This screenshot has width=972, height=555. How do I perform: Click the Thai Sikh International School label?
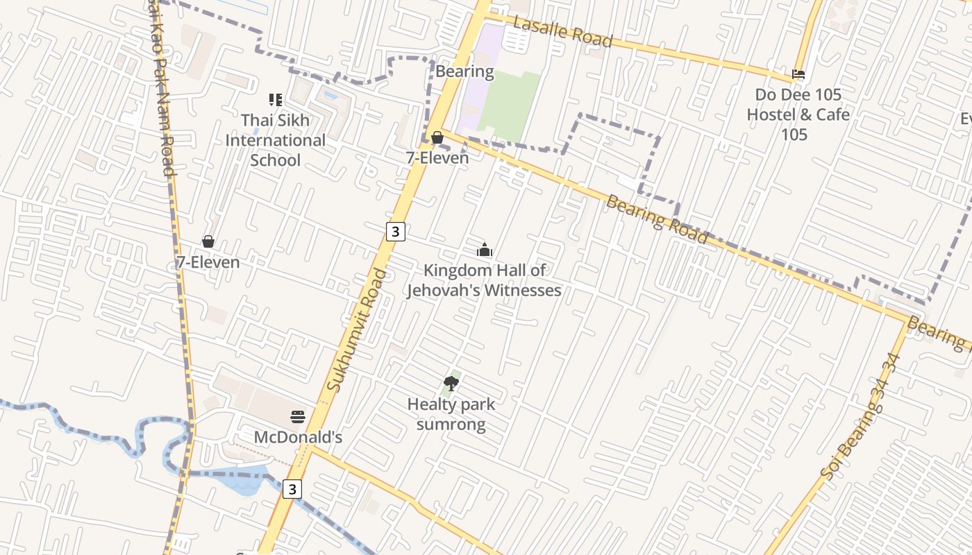click(x=275, y=140)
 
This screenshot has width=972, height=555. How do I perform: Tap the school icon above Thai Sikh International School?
click(x=276, y=100)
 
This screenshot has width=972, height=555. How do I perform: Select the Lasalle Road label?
click(x=562, y=32)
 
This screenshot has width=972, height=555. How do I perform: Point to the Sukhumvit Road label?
click(x=358, y=330)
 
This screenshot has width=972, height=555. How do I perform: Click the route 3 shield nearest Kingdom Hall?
click(x=395, y=231)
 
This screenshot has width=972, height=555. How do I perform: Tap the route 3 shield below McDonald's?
click(x=292, y=489)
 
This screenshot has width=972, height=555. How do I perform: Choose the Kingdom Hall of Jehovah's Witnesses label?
click(x=484, y=280)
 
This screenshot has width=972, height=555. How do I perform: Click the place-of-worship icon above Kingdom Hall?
click(x=485, y=250)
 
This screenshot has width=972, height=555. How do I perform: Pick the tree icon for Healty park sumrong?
click(x=451, y=384)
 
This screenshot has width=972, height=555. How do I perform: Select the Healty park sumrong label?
click(x=451, y=414)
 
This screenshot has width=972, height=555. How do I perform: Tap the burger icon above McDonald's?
click(x=298, y=417)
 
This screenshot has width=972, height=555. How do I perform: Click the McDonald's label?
click(x=298, y=438)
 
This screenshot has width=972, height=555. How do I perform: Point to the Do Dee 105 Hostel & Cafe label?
click(x=798, y=114)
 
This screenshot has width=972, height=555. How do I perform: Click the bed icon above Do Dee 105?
click(x=798, y=74)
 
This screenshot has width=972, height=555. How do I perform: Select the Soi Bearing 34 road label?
click(x=861, y=416)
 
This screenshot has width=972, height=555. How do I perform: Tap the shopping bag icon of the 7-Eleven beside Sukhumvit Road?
click(x=437, y=137)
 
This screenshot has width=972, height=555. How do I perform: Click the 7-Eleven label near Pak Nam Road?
click(x=208, y=262)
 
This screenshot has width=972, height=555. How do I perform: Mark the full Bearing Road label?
click(x=656, y=219)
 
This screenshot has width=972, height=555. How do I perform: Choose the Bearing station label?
click(x=464, y=71)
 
